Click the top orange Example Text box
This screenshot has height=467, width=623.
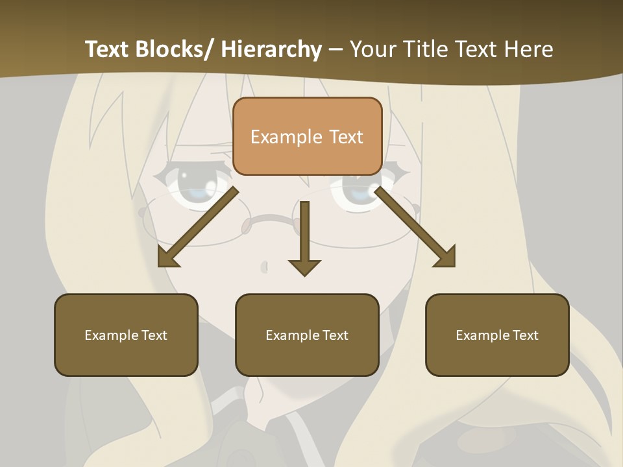(307, 136)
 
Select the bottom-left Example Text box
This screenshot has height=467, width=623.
(126, 335)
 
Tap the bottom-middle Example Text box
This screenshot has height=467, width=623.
(307, 335)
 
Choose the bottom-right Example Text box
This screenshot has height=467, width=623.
(497, 335)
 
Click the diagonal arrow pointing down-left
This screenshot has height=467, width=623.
(198, 227)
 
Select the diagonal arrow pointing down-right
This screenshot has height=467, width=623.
(415, 227)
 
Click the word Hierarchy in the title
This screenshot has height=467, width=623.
(271, 49)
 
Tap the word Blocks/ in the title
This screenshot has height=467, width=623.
(174, 49)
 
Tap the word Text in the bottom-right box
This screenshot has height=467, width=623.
(524, 335)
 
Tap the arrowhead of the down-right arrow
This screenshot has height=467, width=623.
(446, 258)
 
